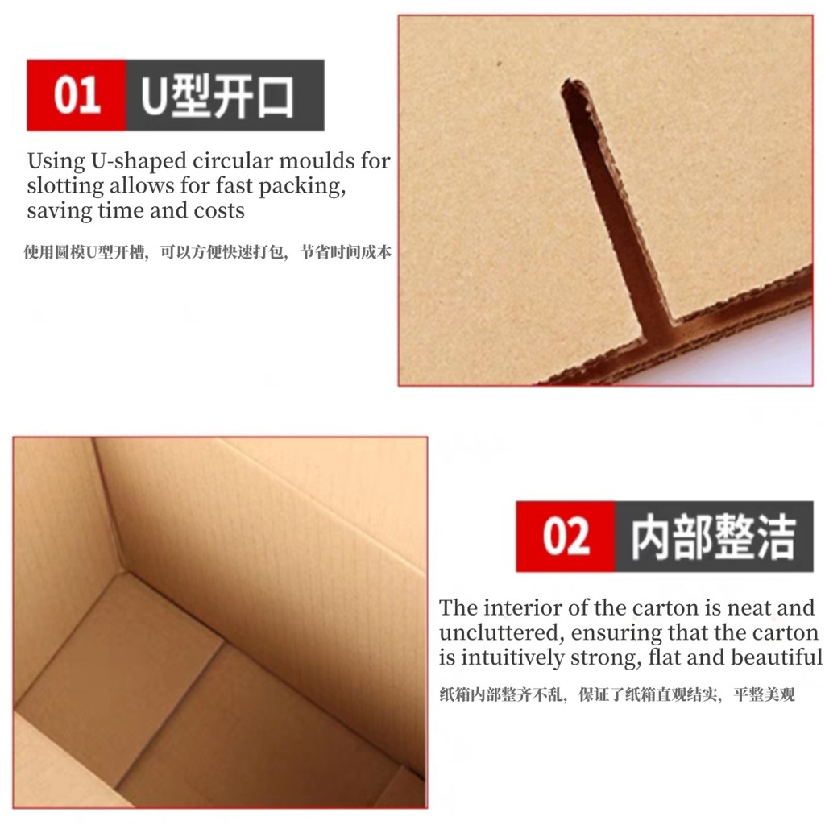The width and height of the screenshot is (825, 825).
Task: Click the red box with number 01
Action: click(77, 95)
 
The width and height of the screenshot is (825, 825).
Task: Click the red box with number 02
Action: click(565, 536)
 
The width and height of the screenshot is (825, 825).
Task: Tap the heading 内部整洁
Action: click(713, 537)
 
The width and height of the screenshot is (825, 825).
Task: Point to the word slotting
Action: click(65, 187)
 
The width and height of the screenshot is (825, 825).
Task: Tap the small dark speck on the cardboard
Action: click(500, 64)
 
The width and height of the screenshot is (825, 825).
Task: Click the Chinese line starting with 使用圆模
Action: click(207, 252)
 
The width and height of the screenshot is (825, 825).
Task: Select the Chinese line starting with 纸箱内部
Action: click(616, 694)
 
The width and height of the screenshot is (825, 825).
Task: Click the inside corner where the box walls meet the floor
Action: click(123, 572)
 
